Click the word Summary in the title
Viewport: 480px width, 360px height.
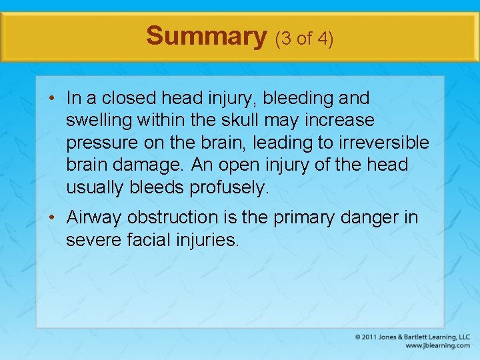point(206,36)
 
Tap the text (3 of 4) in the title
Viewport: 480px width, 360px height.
point(304,39)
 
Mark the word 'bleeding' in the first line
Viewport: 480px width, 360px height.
point(295,98)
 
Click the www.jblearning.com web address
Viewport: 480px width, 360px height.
point(437,345)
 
